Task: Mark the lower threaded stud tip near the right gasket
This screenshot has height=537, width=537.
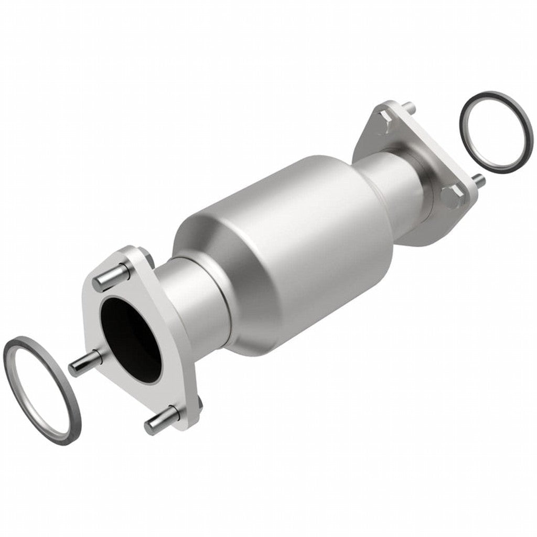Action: click(x=479, y=181)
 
